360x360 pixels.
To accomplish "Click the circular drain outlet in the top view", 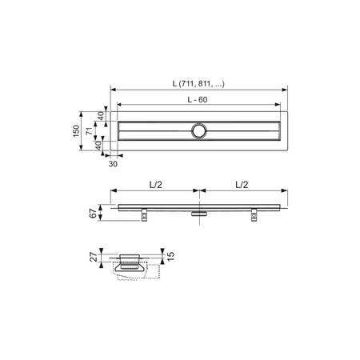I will (199, 129).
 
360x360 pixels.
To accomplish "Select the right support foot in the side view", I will (254, 214).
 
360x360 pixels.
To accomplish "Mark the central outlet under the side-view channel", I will (199, 213).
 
